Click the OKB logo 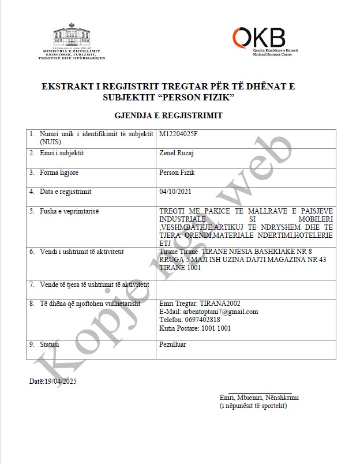[x=258, y=38]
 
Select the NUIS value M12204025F [x=182, y=134]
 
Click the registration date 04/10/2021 [x=175, y=192]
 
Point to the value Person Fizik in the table [x=177, y=173]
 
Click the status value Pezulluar [x=172, y=345]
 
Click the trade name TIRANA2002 [x=220, y=304]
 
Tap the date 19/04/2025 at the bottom [x=62, y=381]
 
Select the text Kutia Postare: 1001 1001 [x=195, y=328]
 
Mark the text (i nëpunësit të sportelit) [x=253, y=406]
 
